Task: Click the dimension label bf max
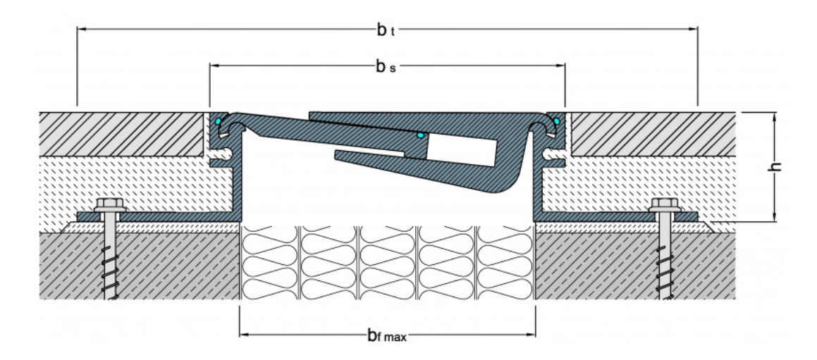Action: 387,336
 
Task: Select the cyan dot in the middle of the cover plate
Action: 420,134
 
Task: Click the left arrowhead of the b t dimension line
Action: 80,30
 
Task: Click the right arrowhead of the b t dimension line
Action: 694,30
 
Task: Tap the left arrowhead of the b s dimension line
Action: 214,66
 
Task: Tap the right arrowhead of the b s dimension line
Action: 562,66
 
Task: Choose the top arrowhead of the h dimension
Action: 775,116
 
